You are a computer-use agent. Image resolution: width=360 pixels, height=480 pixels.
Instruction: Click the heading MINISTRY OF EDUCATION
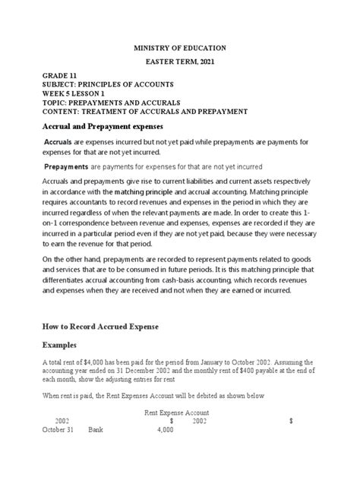coord(180,48)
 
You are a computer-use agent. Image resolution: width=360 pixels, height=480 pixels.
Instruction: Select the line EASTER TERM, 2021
coord(180,62)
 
